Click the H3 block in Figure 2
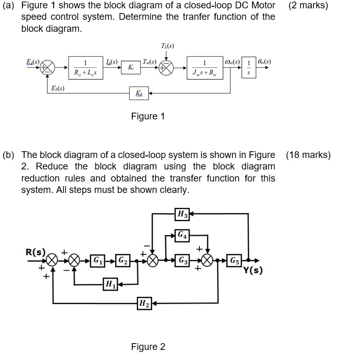tap(182, 213)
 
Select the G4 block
tap(182, 235)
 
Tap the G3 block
tap(182, 260)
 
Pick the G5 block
tap(235, 260)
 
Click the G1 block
tap(97, 260)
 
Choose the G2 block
tap(121, 260)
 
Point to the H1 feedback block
tap(110, 284)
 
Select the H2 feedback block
tap(143, 303)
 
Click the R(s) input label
tap(35, 252)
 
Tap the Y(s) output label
tap(253, 271)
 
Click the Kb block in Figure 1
tap(139, 93)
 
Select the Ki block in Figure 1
tap(130, 67)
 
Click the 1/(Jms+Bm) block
tap(205, 67)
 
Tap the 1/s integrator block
tap(249, 67)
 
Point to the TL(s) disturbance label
tap(167, 46)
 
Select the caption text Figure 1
tap(147, 116)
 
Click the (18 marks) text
tap(308, 155)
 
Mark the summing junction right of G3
tap(208, 260)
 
